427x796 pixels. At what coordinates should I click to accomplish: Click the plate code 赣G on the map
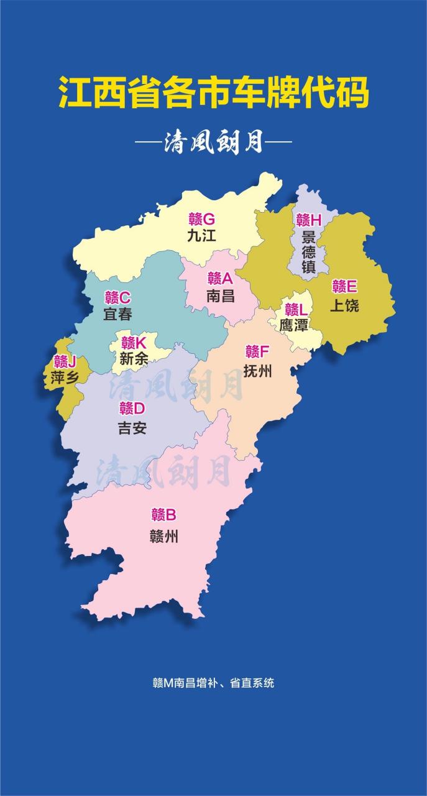(x=202, y=219)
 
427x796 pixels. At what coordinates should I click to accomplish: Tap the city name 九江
(x=201, y=236)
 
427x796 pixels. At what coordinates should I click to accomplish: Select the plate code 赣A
(x=220, y=278)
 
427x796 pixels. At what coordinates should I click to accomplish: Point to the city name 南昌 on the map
(x=220, y=295)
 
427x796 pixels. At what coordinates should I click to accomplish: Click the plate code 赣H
(x=309, y=220)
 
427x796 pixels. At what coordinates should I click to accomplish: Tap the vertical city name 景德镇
(x=309, y=252)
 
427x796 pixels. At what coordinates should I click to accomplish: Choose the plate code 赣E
(x=344, y=287)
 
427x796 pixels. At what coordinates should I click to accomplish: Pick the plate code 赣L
(x=296, y=309)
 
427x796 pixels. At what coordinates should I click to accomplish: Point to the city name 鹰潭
(x=294, y=325)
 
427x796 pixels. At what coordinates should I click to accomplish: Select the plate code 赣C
(x=117, y=297)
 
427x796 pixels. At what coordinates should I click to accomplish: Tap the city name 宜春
(x=117, y=314)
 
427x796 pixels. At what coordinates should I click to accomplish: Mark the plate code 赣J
(x=65, y=361)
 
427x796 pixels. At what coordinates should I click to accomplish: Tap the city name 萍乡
(x=65, y=377)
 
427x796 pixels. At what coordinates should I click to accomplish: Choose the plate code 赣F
(x=257, y=352)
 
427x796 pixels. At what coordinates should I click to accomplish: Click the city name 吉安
(x=132, y=427)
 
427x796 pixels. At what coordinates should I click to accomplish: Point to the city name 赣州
(x=164, y=535)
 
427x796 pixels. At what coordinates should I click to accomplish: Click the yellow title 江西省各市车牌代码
(x=214, y=93)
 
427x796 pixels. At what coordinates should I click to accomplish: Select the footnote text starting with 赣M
(x=213, y=682)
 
